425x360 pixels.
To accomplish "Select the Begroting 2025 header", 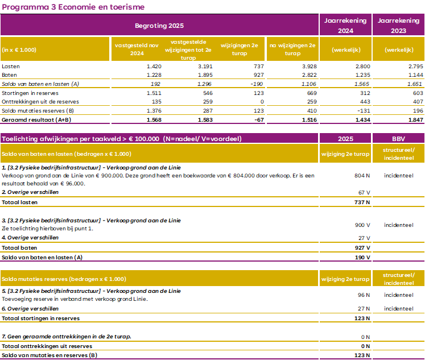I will tap(159, 26).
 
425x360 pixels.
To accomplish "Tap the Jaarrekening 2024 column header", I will tap(345, 26).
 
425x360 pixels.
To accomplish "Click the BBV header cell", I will tap(398, 139).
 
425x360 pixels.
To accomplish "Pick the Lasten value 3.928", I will tap(305, 66).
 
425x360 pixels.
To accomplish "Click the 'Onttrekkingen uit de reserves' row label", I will tap(39, 101).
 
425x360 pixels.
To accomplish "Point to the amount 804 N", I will tap(361, 176).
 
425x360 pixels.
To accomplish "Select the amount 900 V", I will tap(361, 225).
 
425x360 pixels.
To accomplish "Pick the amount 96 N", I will tap(363, 295).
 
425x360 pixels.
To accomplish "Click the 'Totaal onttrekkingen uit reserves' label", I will tap(47, 346).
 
